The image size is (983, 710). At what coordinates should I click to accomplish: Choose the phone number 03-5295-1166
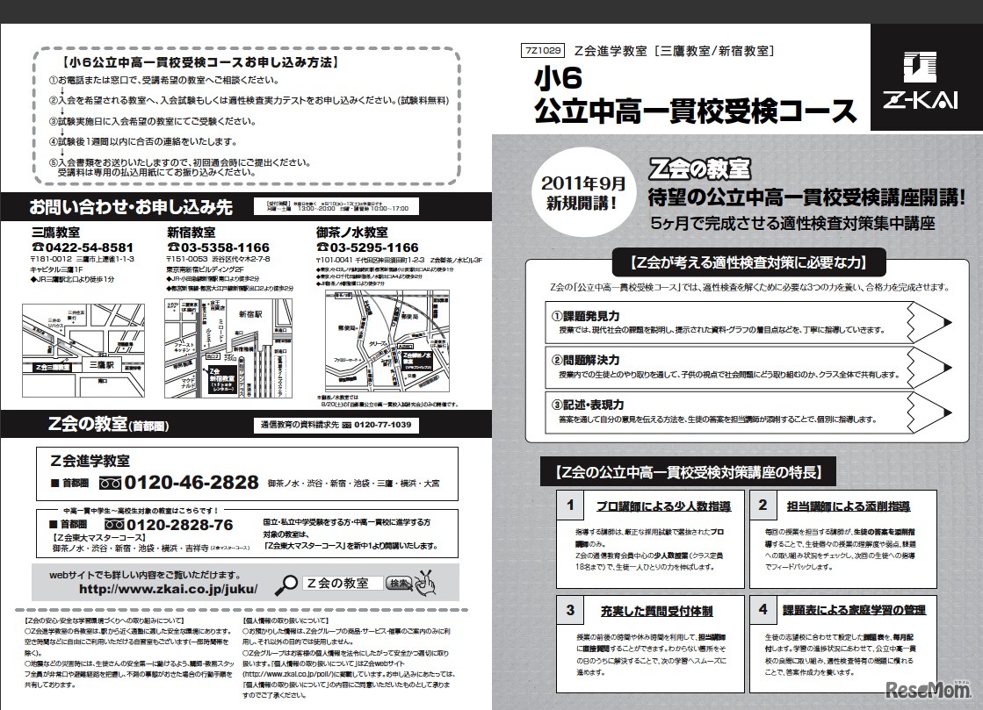tap(368, 248)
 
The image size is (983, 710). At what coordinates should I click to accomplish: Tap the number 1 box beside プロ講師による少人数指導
tap(570, 506)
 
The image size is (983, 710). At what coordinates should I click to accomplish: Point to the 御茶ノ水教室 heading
tap(352, 233)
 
